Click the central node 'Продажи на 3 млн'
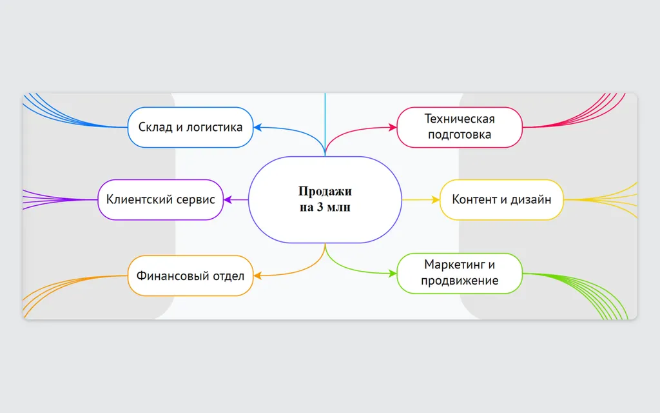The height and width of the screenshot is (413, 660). point(325,200)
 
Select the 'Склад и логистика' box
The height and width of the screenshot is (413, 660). point(190,127)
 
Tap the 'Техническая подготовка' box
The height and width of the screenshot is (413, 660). point(460,127)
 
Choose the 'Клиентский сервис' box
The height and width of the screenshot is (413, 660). point(160,200)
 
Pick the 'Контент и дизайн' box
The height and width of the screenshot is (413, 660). point(501,200)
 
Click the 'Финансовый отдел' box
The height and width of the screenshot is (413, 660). point(190,276)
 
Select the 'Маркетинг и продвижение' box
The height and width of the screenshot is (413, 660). point(460,274)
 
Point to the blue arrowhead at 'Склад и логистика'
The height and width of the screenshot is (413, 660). point(258,127)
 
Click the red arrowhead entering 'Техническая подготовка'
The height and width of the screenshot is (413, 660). point(393,127)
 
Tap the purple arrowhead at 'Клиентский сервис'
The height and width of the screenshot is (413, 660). point(228,200)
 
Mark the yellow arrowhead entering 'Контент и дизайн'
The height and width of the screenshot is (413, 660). point(435,200)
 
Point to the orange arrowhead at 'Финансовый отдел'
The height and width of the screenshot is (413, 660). point(258,276)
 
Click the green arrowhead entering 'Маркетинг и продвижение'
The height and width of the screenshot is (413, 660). point(393,274)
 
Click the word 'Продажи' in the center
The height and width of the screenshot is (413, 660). point(325,192)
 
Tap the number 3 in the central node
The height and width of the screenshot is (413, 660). point(320,207)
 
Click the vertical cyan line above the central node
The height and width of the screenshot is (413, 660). point(325,125)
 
